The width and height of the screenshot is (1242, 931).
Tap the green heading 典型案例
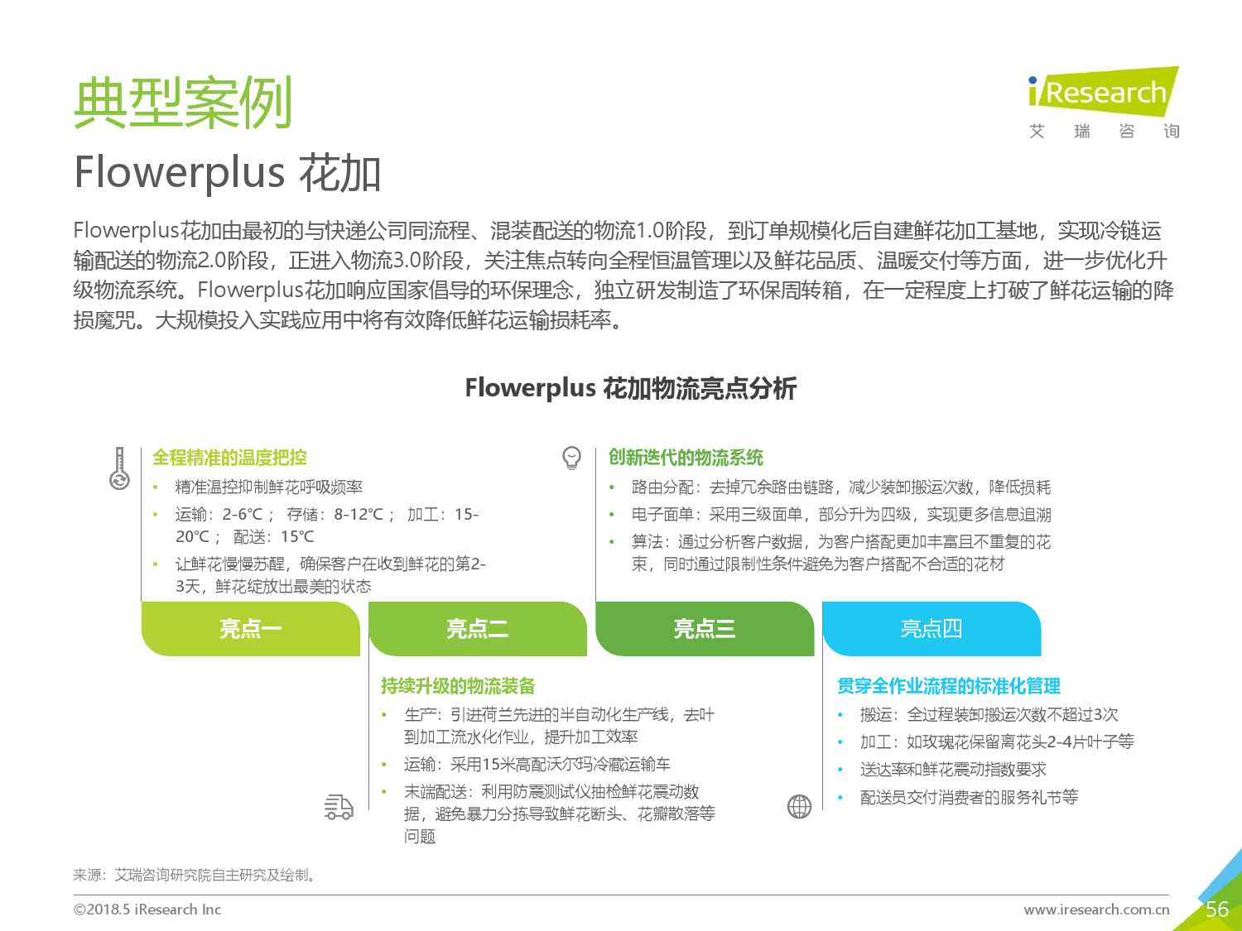183,103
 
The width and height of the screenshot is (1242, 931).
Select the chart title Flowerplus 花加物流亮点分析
630,388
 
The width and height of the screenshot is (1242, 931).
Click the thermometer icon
119,468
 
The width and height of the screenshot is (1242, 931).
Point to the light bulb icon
571,458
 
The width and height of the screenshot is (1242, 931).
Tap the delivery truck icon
339,807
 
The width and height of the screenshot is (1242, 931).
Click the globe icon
799,807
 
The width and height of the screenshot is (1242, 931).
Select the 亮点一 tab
251,629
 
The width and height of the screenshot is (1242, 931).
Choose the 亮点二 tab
478,629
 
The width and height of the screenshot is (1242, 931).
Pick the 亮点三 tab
705,629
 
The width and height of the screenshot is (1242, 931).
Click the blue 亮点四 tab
932,629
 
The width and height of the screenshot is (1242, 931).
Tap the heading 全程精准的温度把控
229,458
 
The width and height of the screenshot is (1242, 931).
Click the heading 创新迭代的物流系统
686,458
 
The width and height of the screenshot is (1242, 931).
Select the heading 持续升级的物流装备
459,686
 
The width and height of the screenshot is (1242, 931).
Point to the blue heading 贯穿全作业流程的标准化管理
949,686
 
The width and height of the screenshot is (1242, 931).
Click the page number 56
1216,909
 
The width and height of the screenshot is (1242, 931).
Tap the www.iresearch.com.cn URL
1096,909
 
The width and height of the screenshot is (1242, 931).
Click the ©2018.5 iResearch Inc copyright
147,909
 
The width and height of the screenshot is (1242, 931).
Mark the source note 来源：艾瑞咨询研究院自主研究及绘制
194,875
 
